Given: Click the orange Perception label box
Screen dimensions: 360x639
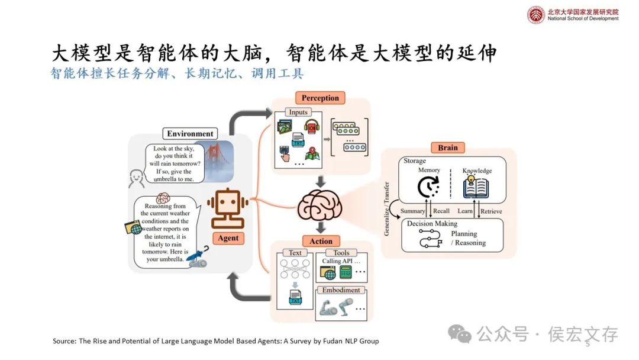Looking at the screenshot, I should click(x=320, y=98).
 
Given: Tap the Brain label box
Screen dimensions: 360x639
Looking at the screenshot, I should click(x=448, y=147).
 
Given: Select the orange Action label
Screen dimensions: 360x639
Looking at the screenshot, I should click(x=321, y=242).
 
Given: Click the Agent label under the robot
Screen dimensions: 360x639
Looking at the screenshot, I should click(x=228, y=238).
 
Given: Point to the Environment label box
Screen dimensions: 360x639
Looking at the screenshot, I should click(x=189, y=134).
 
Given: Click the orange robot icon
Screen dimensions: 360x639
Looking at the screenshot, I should click(x=227, y=209).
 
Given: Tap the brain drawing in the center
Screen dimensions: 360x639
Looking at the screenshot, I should click(x=320, y=205).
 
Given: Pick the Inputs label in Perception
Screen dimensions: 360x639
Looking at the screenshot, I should click(x=298, y=112).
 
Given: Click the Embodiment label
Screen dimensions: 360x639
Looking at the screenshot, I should click(x=341, y=290).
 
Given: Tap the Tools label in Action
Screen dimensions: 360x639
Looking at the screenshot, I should click(x=341, y=253).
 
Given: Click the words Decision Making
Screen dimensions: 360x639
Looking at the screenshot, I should click(x=432, y=224).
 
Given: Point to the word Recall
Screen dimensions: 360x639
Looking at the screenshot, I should click(x=441, y=211).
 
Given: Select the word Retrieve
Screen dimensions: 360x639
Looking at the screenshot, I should click(x=491, y=211).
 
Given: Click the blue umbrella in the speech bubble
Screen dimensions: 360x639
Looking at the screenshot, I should click(x=202, y=255).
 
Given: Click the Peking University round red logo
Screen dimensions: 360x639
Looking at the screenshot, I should click(x=536, y=14).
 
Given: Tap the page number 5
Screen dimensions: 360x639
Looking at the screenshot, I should click(x=588, y=344).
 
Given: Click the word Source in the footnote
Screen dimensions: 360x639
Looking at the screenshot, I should click(x=64, y=341).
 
